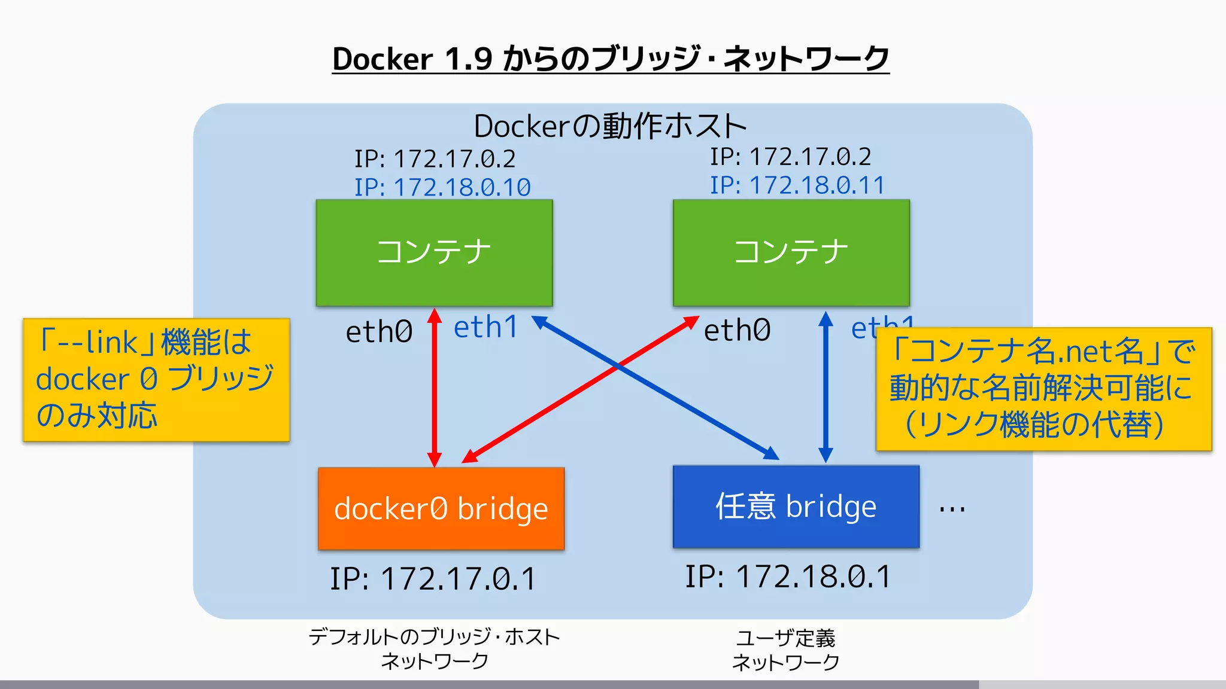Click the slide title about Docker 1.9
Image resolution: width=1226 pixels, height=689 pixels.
click(611, 59)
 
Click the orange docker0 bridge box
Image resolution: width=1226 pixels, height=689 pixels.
click(441, 509)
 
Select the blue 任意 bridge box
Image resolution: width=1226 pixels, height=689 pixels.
click(796, 507)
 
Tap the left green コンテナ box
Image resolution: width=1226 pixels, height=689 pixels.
click(434, 252)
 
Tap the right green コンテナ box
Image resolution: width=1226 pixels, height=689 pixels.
click(791, 252)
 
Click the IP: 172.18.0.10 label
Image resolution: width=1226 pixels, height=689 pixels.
click(442, 187)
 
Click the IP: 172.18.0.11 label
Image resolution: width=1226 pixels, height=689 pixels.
click(797, 185)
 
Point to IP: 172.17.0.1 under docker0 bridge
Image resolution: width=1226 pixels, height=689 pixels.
click(433, 579)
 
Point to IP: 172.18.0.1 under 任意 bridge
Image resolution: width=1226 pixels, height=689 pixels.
click(788, 577)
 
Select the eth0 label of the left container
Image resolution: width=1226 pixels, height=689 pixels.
click(379, 331)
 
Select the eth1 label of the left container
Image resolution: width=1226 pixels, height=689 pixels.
click(485, 327)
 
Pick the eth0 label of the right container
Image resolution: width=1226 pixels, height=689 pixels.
click(737, 330)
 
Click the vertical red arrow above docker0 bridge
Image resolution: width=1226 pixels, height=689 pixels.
click(435, 389)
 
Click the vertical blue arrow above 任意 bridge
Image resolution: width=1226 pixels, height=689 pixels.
click(826, 389)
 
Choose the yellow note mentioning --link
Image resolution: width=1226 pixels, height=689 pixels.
click(156, 380)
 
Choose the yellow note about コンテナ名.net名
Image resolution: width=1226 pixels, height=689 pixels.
click(1043, 389)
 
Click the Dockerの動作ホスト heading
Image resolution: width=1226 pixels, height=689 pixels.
click(610, 126)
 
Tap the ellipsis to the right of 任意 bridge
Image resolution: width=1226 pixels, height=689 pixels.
click(952, 509)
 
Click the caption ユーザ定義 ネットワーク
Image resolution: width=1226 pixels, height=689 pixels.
click(785, 650)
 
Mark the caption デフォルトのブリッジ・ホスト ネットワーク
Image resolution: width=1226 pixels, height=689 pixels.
click(434, 649)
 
